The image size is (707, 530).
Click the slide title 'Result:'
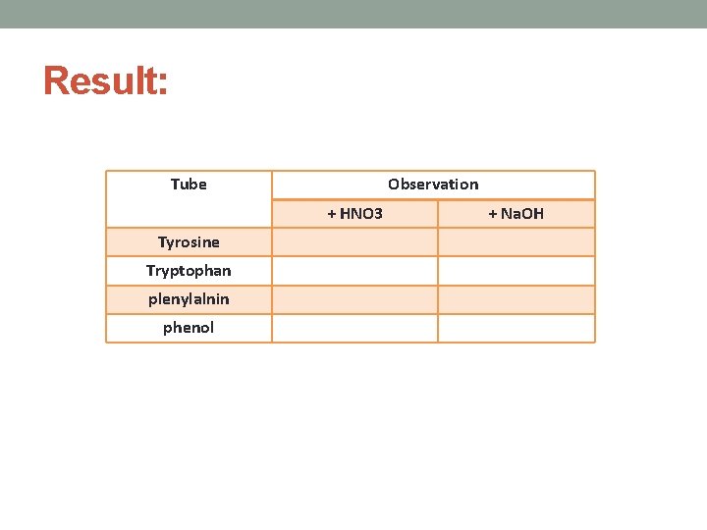[x=105, y=81]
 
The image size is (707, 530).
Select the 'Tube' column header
[x=189, y=185]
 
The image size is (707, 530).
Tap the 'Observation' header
[x=433, y=185]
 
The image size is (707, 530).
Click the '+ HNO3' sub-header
[x=354, y=214]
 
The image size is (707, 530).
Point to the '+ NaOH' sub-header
[x=516, y=214]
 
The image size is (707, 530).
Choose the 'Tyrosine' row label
[x=189, y=242]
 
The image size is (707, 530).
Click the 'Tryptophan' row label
[x=189, y=271]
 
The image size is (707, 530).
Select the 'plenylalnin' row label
[x=189, y=299]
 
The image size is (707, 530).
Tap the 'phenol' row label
[x=189, y=328]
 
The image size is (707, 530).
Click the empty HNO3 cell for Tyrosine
[x=354, y=242]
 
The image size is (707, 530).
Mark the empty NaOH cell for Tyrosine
[x=516, y=242]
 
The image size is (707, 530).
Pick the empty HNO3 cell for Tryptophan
[x=354, y=271]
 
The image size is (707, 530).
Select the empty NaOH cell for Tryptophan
[x=516, y=271]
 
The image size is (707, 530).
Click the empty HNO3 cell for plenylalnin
[x=354, y=299]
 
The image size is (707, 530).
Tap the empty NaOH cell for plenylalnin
[x=516, y=299]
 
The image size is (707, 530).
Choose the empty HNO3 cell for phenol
[x=354, y=328]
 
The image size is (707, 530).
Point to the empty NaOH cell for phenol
[x=516, y=328]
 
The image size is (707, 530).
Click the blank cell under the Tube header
[x=189, y=214]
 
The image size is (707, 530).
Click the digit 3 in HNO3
[x=379, y=214]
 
